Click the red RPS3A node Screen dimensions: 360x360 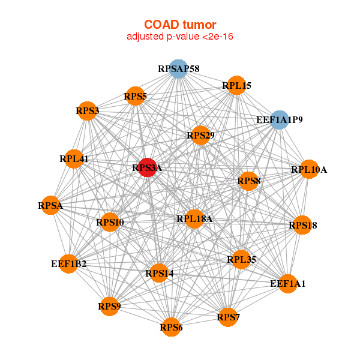[x=148, y=167]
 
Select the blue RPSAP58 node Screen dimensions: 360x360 [x=178, y=68]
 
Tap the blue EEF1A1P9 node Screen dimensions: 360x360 [x=279, y=119]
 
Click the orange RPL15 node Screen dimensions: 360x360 [x=236, y=85]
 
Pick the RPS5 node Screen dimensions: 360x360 [x=136, y=96]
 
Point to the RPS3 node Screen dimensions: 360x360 [x=87, y=110]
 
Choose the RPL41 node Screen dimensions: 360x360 [x=74, y=159]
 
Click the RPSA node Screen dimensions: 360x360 [x=50, y=205]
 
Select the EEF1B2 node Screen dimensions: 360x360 [x=68, y=264]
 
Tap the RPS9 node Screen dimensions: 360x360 [x=110, y=306]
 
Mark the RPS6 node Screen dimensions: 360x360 [x=171, y=327]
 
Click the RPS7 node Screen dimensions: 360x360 [x=228, y=317]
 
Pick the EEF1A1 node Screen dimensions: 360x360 [x=288, y=284]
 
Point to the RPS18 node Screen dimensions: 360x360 [x=302, y=225]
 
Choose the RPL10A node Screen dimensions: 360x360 [x=309, y=169]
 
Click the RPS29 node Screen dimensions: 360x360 [x=200, y=135]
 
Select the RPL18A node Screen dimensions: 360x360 [x=194, y=219]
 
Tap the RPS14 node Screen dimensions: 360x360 [x=159, y=273]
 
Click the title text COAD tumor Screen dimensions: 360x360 [x=180, y=25]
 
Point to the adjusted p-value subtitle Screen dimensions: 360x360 [x=180, y=37]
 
